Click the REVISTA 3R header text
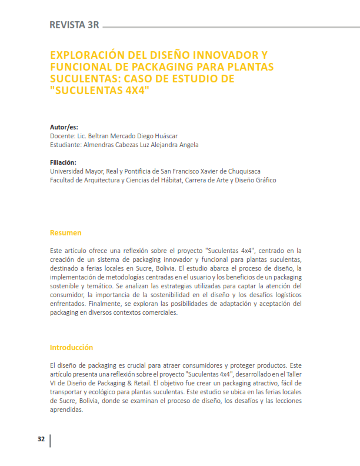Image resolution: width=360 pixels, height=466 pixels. (x=74, y=25)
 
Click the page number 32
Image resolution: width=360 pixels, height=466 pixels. (x=41, y=440)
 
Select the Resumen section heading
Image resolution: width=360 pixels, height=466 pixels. (x=65, y=233)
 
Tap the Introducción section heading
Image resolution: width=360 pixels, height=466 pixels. (x=71, y=347)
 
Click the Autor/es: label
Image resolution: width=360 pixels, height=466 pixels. (x=64, y=127)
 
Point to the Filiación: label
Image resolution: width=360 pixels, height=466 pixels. (x=64, y=162)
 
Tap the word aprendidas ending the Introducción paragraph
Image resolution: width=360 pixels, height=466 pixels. (x=66, y=410)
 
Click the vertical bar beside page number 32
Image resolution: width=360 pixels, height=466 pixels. (x=51, y=440)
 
